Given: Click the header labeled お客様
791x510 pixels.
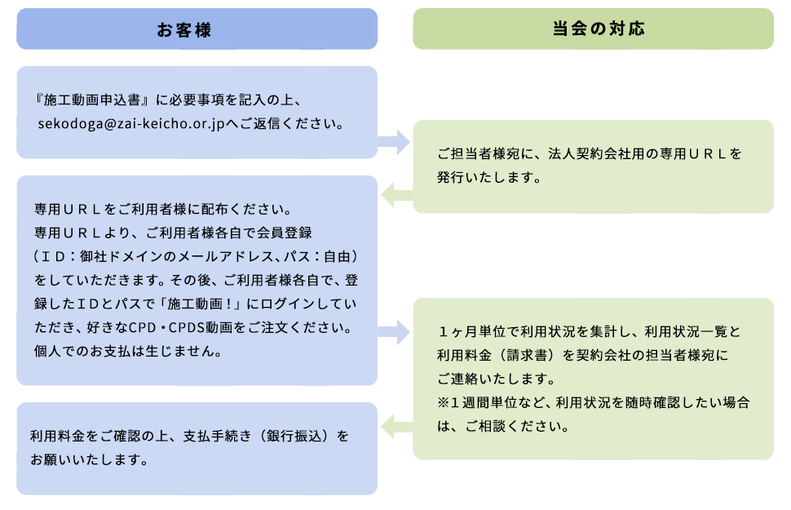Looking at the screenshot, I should [197, 29].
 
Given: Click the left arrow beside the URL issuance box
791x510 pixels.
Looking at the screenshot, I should [396, 193].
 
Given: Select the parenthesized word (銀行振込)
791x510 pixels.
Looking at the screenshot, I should [301, 437].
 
